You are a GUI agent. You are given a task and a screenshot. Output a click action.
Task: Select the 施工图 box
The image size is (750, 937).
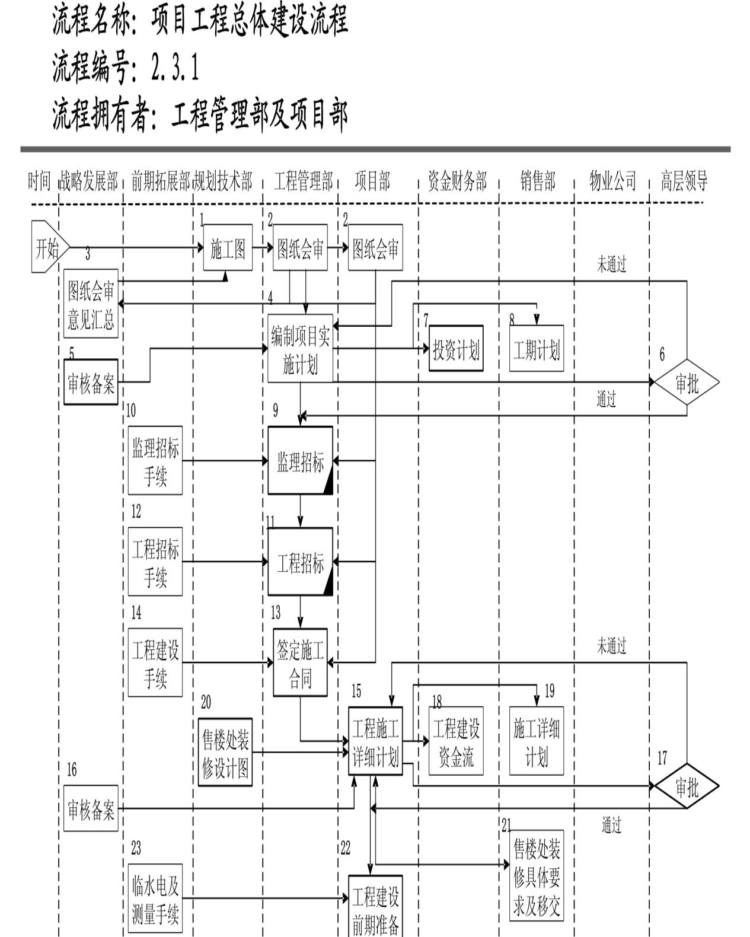click(x=228, y=248)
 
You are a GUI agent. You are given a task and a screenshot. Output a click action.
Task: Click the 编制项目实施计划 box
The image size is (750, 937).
click(x=300, y=349)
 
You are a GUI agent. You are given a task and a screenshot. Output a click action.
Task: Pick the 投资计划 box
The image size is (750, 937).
click(x=456, y=349)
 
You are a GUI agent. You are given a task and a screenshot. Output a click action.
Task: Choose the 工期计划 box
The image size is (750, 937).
click(x=536, y=349)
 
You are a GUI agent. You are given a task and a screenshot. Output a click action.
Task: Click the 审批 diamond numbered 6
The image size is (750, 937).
click(x=686, y=383)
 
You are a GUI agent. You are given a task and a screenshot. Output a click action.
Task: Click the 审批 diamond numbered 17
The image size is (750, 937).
click(x=686, y=787)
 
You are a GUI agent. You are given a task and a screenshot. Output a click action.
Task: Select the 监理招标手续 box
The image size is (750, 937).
click(x=155, y=461)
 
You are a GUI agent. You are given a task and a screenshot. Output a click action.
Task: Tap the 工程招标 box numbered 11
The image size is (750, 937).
click(x=300, y=562)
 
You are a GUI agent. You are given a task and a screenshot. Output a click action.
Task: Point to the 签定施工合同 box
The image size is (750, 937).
click(x=300, y=663)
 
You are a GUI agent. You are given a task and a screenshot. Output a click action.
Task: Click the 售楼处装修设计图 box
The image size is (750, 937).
click(x=225, y=753)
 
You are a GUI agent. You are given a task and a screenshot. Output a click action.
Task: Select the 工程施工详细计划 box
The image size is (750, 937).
click(x=375, y=741)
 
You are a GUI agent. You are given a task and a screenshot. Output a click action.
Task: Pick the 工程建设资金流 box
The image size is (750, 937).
click(x=456, y=741)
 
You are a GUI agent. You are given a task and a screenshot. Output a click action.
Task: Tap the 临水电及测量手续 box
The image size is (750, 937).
click(x=155, y=899)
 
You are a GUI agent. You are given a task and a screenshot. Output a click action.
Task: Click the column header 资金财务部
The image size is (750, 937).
click(x=457, y=181)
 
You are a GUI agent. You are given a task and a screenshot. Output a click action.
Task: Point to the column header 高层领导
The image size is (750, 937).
click(x=684, y=181)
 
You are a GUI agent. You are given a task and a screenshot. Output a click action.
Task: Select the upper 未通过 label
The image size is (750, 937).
click(x=611, y=264)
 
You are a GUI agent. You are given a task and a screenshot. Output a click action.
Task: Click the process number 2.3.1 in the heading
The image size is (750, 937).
click(x=175, y=67)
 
